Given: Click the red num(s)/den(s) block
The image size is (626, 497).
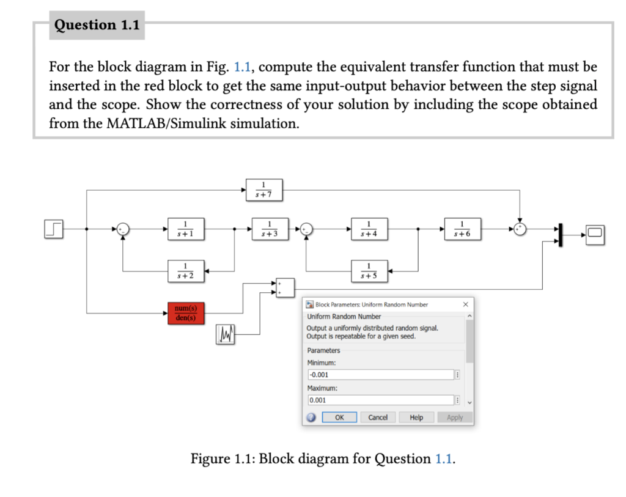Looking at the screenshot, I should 186,312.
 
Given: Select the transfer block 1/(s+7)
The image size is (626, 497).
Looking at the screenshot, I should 263,190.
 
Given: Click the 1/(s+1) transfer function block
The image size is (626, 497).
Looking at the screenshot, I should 186,229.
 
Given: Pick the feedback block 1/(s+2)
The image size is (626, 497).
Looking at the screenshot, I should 186,270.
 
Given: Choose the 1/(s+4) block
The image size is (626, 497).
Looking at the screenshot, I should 368,229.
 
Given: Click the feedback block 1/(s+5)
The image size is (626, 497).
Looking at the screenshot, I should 368,270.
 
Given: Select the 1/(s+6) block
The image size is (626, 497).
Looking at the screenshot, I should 463,229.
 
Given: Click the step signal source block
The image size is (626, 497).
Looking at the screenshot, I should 54,230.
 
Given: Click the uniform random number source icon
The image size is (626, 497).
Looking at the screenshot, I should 226,334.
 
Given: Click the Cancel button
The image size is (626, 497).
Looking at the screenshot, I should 378,418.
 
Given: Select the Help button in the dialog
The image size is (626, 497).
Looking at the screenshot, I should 416,418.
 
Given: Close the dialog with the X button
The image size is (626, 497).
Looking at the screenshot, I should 465,304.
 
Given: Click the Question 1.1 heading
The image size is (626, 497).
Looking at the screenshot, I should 97,25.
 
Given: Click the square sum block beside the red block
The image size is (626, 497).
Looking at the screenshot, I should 285,287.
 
